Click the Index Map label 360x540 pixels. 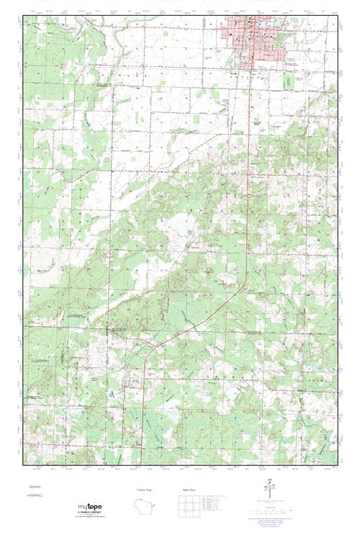[188, 490]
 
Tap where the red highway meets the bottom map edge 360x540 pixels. [141, 464]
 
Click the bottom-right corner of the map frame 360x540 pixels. [337, 465]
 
